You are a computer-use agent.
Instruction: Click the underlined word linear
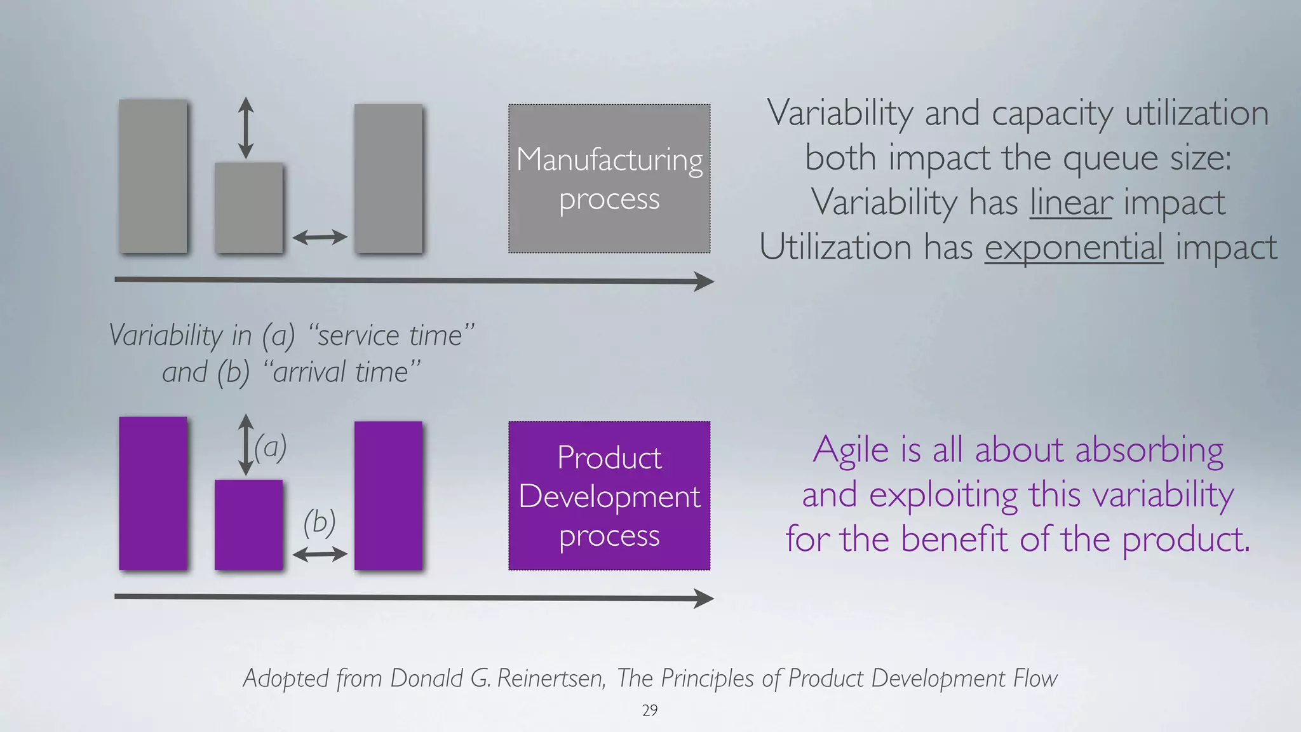click(x=1070, y=203)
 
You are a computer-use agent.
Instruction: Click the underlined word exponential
click(x=1074, y=248)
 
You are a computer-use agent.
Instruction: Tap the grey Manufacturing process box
click(x=609, y=179)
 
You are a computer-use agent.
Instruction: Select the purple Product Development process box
click(x=609, y=496)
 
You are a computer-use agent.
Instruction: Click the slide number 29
click(x=650, y=710)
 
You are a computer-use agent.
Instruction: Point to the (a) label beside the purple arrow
click(x=271, y=447)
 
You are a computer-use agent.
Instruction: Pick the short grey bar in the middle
click(x=248, y=207)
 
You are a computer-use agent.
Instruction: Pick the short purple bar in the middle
click(x=248, y=524)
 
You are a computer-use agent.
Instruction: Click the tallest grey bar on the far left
click(x=153, y=176)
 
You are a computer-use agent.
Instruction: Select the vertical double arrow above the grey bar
click(x=246, y=128)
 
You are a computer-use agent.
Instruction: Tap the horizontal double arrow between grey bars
click(x=320, y=238)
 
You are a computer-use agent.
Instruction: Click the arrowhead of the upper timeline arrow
click(x=704, y=281)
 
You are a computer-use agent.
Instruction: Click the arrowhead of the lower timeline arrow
click(x=704, y=598)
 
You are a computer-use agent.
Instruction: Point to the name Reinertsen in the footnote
click(x=550, y=679)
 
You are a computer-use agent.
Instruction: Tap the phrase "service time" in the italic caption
click(x=391, y=335)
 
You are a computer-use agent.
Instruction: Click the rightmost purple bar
click(x=388, y=496)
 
